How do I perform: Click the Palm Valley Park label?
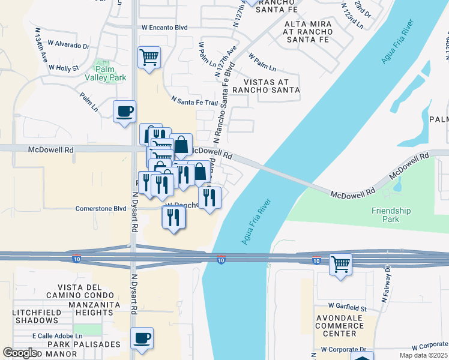110,73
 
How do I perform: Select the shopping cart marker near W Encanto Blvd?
149,58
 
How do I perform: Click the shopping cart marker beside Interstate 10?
340,264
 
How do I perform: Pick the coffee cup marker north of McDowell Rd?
124,112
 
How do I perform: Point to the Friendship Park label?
391,215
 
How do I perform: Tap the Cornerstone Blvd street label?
100,209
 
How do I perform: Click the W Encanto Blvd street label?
164,28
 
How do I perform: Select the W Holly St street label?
64,68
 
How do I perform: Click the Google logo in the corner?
20,353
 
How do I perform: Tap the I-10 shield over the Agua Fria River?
221,259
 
